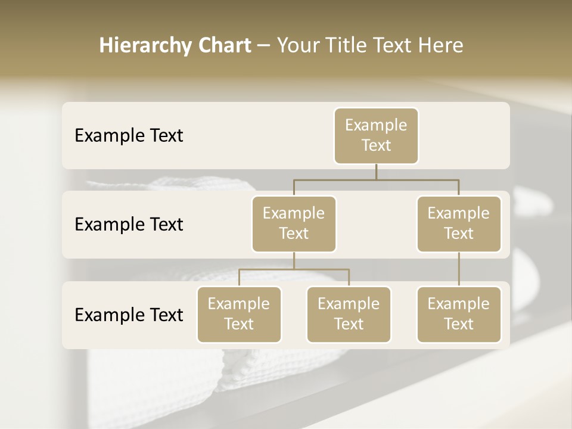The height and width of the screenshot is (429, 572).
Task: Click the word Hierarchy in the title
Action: point(144,46)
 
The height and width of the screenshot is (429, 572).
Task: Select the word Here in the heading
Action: point(441,46)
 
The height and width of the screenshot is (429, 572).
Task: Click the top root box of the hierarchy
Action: point(376,136)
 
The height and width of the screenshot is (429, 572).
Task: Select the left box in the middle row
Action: point(294,224)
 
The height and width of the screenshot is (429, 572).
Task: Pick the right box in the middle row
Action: point(459,224)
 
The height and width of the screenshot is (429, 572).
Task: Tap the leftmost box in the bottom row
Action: point(239,315)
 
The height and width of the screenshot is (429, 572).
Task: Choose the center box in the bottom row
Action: point(349,315)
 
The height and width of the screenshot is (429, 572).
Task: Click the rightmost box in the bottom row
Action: point(459,315)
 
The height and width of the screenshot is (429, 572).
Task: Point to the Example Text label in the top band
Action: point(129,136)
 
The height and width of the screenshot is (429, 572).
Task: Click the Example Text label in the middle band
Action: point(129,225)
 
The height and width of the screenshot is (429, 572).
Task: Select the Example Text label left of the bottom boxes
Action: point(129,315)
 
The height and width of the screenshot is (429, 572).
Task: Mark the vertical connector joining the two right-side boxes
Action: point(459,269)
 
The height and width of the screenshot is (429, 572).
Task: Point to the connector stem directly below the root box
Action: point(376,172)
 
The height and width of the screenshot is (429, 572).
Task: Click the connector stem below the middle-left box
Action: point(294,260)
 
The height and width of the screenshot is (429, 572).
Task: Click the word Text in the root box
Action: point(376,145)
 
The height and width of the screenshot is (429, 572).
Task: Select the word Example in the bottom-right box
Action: point(459,304)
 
